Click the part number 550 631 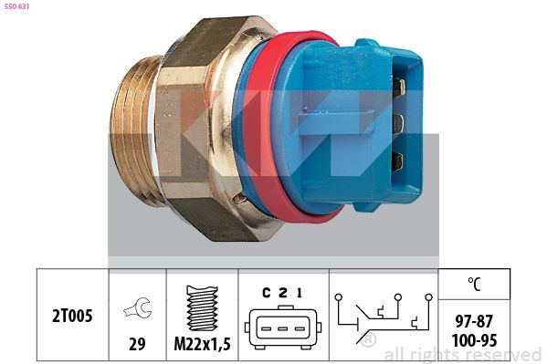tap(18, 8)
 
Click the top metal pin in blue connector tap(399, 88)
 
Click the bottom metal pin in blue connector tap(398, 161)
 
